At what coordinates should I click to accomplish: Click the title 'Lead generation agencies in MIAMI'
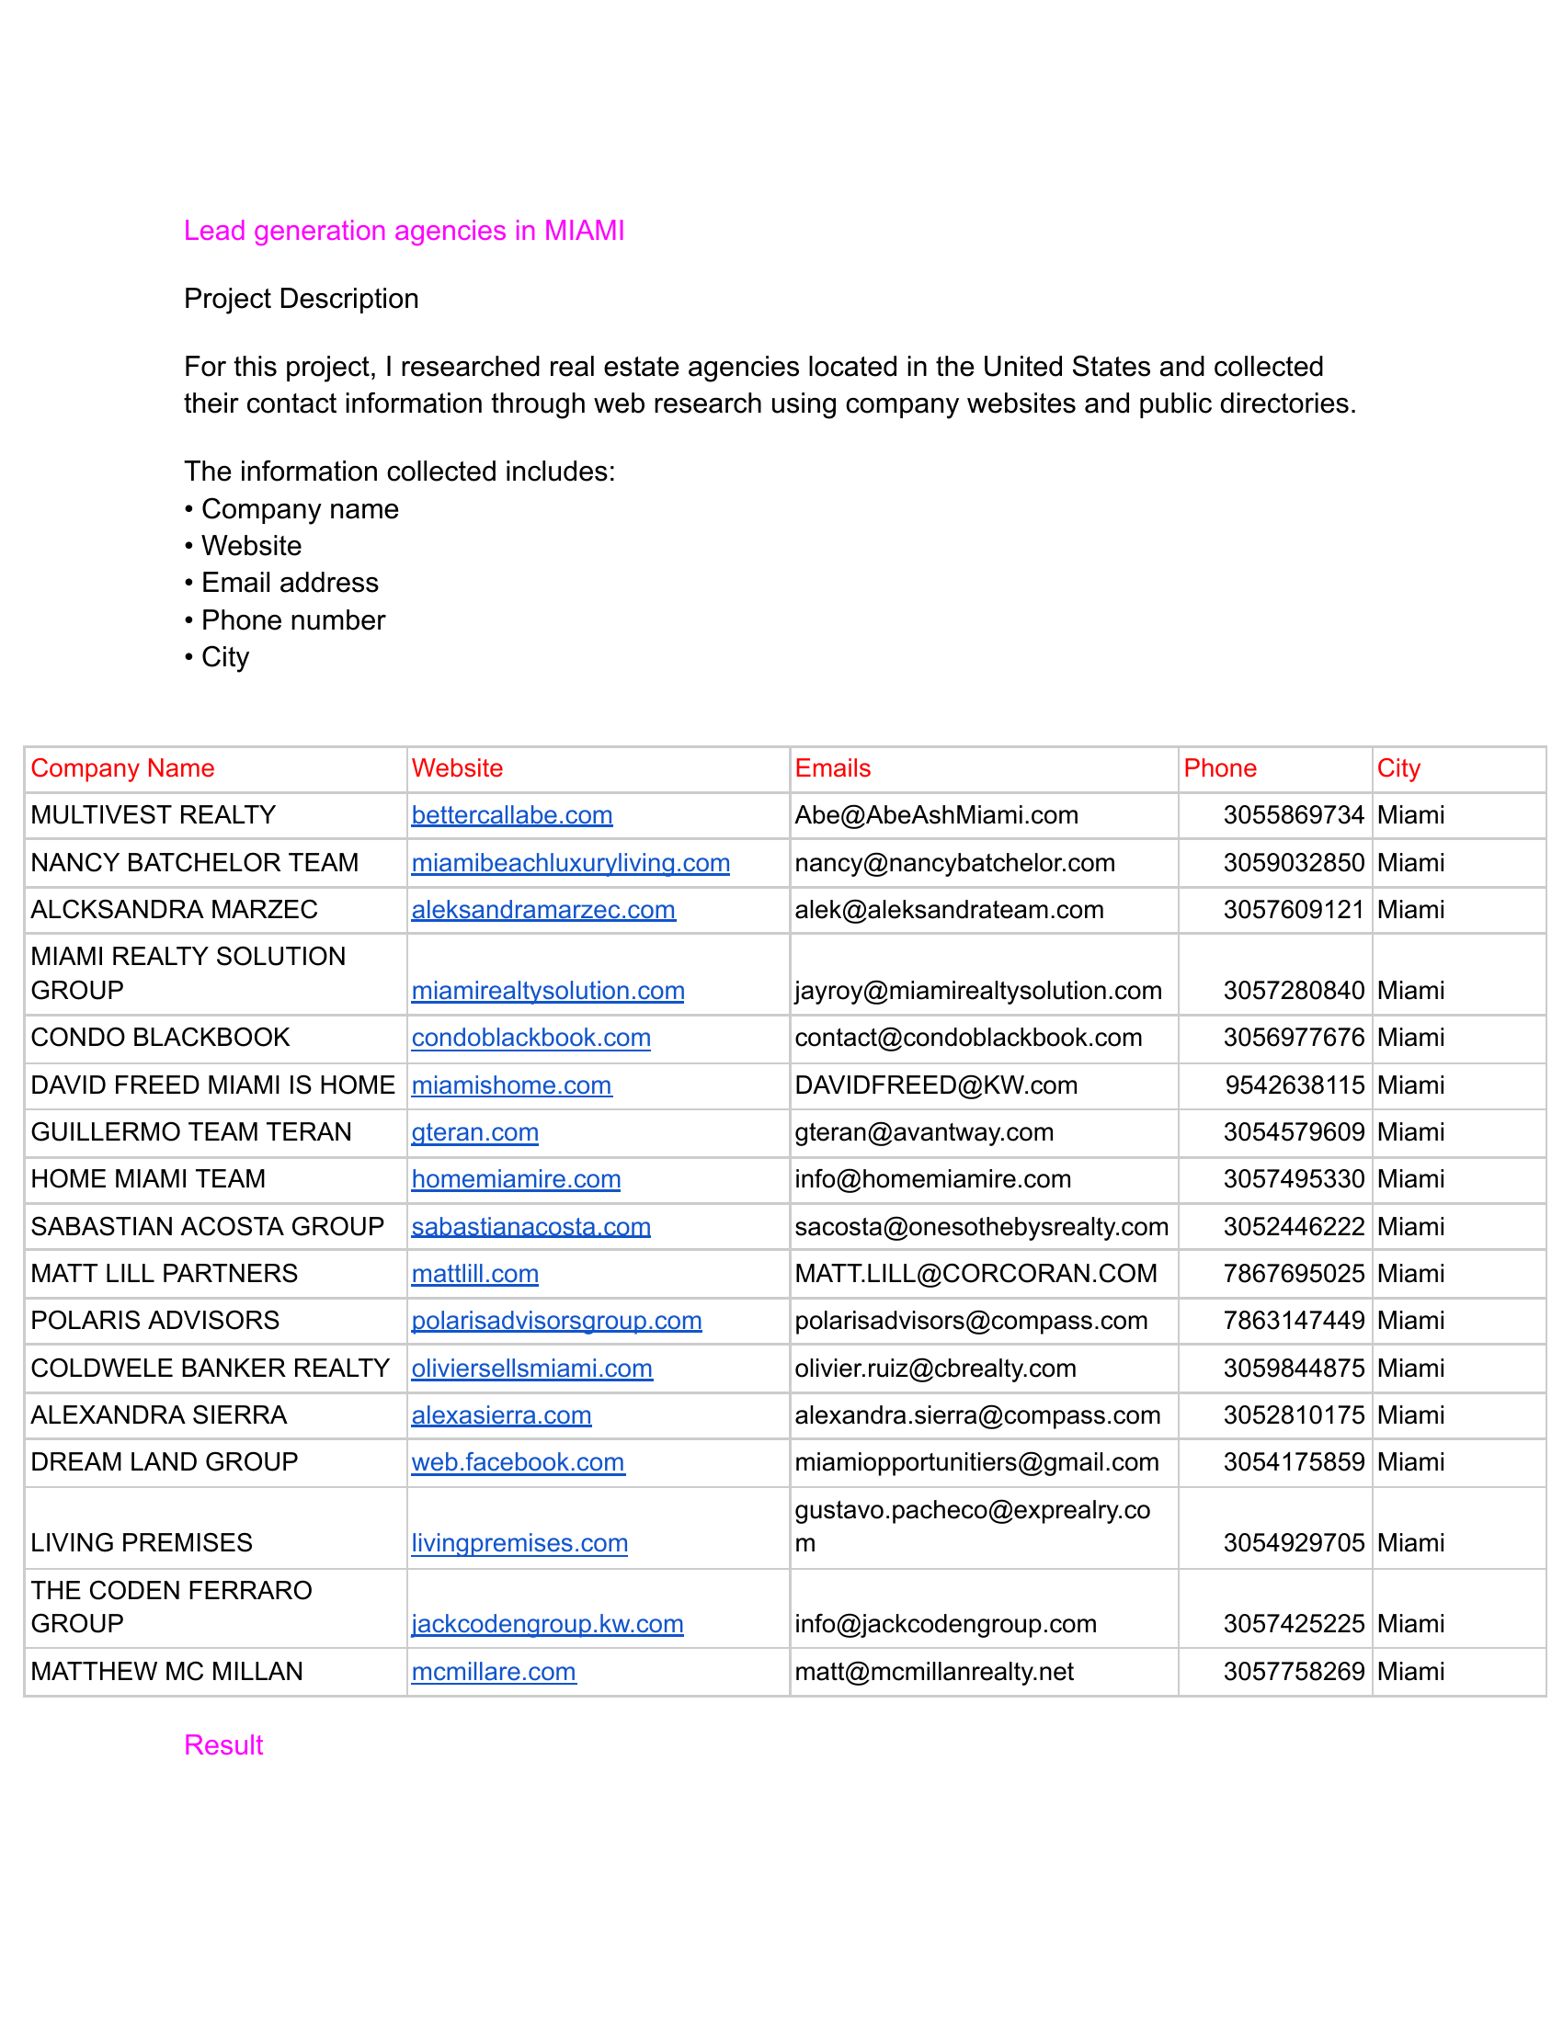pos(404,231)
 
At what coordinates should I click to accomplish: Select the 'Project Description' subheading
pos(301,298)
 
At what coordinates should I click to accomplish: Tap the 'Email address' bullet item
pos(290,583)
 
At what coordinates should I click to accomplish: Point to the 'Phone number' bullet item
pos(292,620)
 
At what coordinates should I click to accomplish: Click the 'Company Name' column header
pos(122,768)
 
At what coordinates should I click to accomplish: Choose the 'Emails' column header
pos(832,768)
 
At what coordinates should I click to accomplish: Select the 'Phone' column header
pos(1219,768)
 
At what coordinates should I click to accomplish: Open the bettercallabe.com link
pos(512,815)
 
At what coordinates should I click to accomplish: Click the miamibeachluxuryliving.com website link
pos(570,863)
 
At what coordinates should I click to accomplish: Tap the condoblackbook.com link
pos(531,1038)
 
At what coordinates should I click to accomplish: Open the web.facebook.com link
pos(518,1463)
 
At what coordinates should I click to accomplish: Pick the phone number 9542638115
pos(1295,1085)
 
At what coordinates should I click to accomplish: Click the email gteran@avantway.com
pos(924,1132)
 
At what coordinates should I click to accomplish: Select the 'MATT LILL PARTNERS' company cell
pos(164,1274)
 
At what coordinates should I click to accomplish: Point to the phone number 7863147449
pos(1294,1321)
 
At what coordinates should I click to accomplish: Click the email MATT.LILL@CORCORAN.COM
pos(975,1274)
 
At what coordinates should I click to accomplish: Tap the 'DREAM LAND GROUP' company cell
pos(164,1463)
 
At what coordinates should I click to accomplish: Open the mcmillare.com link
pos(494,1672)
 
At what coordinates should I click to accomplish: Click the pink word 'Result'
pos(223,1745)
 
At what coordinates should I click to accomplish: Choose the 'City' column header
pos(1398,768)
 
